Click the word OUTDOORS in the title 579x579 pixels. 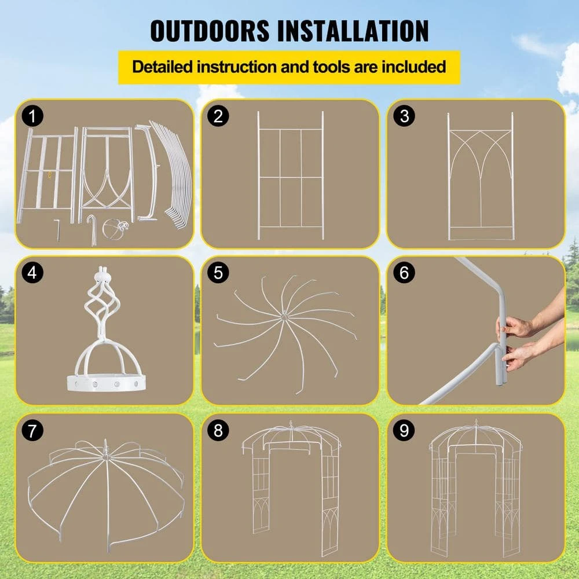(x=210, y=30)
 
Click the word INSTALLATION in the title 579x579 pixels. (x=353, y=30)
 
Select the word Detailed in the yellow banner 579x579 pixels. (x=163, y=67)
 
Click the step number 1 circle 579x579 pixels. (x=32, y=116)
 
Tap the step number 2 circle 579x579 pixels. (x=218, y=116)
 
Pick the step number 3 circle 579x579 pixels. (x=404, y=116)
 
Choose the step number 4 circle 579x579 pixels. (x=32, y=273)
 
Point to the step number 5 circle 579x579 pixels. (x=218, y=273)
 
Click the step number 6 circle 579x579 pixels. (x=404, y=273)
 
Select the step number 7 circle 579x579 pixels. (x=32, y=431)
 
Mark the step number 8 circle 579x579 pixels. (x=218, y=431)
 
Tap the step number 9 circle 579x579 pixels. (x=404, y=431)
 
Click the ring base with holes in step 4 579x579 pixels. (x=106, y=383)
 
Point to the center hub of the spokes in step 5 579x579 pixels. (x=284, y=317)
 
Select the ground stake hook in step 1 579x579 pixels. (x=91, y=230)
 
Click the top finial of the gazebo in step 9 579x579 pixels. (x=477, y=423)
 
